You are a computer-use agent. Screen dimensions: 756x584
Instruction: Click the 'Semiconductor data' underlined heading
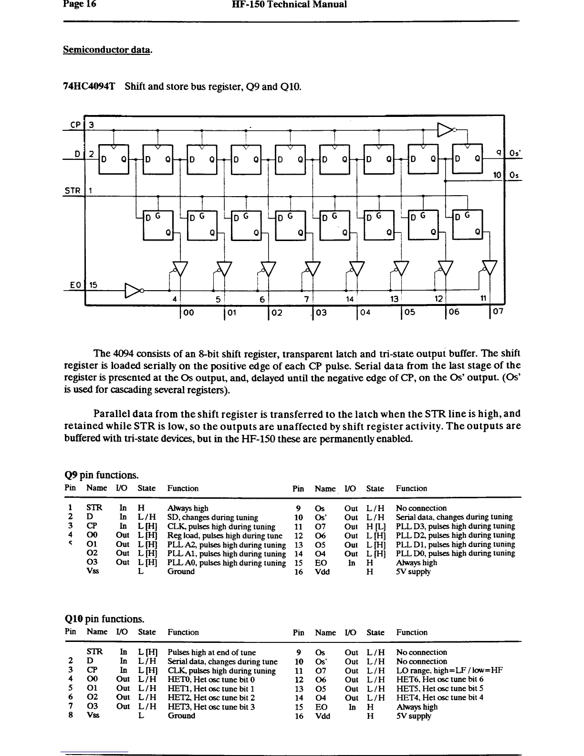[x=107, y=50]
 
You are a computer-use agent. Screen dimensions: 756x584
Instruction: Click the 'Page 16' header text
[x=79, y=5]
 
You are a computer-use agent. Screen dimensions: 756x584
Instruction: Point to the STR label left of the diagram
[x=73, y=191]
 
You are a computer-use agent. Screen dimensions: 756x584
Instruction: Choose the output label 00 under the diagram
[x=188, y=312]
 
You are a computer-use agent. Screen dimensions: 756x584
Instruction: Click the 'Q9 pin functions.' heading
[x=102, y=475]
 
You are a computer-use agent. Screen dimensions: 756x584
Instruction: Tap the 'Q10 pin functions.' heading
[x=104, y=619]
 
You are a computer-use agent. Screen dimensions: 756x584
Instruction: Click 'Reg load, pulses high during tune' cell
[x=225, y=535]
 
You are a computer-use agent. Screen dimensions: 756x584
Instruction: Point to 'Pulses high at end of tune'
[x=211, y=652]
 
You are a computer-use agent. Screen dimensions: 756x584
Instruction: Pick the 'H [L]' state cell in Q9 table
[x=375, y=526]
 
